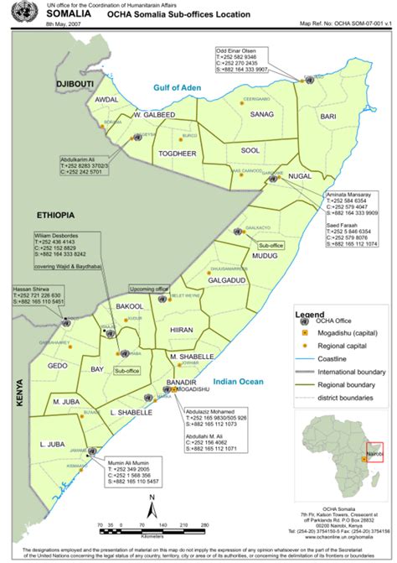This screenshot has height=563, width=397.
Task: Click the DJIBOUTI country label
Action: click(73, 86)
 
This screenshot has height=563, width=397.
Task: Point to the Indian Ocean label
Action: click(239, 383)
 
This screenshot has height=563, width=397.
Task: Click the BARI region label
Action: click(328, 116)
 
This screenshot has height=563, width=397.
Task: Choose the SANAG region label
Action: click(261, 113)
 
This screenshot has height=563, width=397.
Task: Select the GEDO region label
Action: click(57, 366)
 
